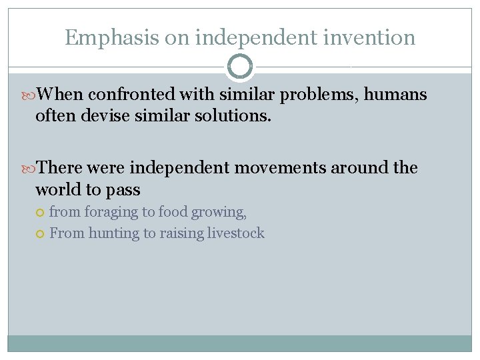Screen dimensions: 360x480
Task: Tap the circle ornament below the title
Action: click(240, 67)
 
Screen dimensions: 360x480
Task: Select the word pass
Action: click(125, 191)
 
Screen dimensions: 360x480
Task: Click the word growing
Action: click(219, 213)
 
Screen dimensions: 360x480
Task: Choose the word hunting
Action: click(113, 233)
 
